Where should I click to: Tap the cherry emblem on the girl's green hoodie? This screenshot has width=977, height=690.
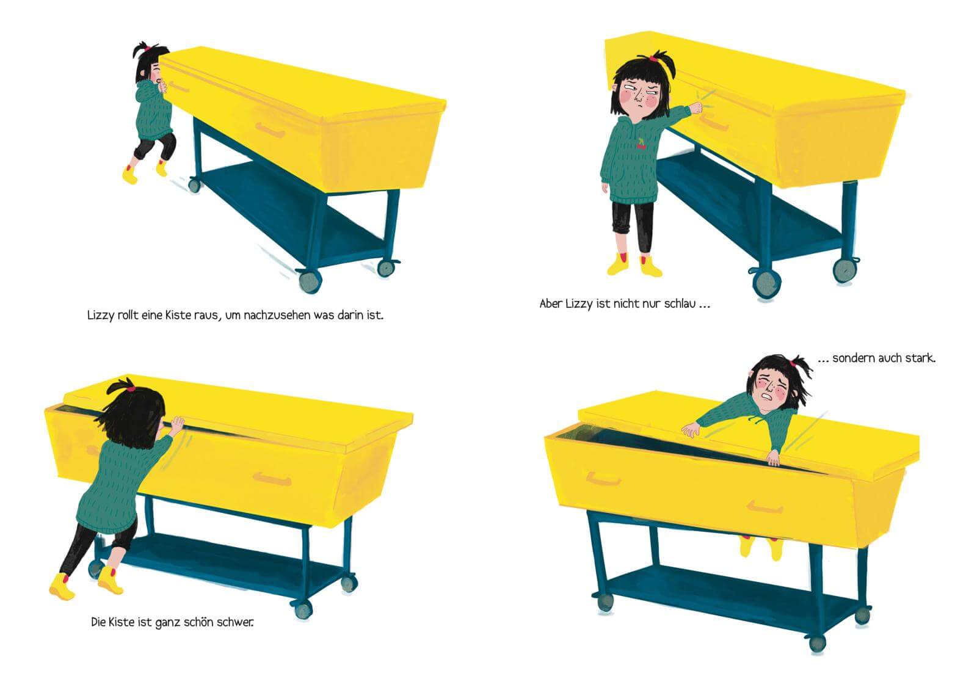tap(641, 144)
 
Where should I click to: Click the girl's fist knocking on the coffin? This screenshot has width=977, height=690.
tap(696, 107)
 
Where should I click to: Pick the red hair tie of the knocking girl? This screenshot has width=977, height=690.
tap(653, 57)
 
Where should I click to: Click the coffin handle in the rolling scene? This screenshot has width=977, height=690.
tap(270, 130)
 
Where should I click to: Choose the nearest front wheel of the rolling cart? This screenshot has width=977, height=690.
tap(310, 281)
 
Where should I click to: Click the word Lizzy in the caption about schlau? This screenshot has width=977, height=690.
tap(578, 303)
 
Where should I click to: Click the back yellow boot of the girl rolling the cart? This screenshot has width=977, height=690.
tap(161, 168)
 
